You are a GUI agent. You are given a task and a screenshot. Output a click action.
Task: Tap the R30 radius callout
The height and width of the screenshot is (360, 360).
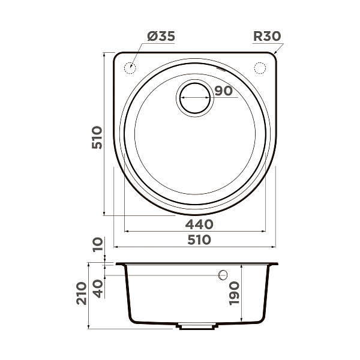(266, 36)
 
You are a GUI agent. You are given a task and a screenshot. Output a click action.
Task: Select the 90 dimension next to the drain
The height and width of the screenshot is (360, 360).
(223, 91)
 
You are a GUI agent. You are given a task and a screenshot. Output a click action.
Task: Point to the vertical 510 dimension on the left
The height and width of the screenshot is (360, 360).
(98, 137)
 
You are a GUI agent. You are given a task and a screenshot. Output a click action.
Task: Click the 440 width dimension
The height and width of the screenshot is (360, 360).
(199, 224)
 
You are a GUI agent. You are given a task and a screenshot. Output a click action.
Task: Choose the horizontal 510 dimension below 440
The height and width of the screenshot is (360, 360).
(199, 240)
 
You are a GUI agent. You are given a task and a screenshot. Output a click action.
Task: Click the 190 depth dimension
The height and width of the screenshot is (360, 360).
(235, 294)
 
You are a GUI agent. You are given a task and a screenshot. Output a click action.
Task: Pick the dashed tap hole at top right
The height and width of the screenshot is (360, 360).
(260, 68)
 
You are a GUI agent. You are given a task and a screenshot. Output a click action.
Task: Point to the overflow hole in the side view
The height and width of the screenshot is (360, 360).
(223, 275)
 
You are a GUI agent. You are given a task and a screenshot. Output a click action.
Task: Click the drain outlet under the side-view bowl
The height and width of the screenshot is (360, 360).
(196, 328)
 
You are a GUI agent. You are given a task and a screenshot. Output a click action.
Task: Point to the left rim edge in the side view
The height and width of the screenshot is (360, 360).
(118, 265)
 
